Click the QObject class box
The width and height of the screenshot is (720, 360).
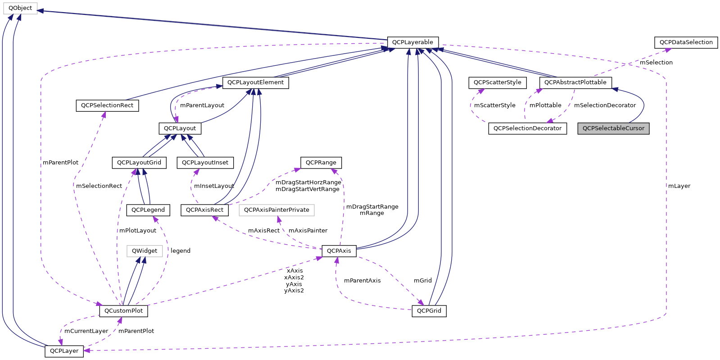pyautogui.click(x=20, y=8)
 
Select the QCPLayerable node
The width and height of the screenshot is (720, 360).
pyautogui.click(x=412, y=42)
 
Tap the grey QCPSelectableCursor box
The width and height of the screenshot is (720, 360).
pyautogui.click(x=613, y=128)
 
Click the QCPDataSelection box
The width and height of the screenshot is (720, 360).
pyautogui.click(x=686, y=42)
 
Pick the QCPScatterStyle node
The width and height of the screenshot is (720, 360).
pyautogui.click(x=497, y=82)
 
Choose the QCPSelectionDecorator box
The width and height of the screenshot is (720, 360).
pyautogui.click(x=527, y=128)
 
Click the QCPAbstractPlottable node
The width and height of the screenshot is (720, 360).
pyautogui.click(x=575, y=82)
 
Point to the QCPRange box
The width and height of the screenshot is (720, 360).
pyautogui.click(x=321, y=163)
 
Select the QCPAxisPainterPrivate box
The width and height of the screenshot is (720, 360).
pyautogui.click(x=276, y=210)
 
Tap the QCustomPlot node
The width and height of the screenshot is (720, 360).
pyautogui.click(x=123, y=311)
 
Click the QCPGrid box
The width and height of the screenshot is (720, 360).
pyautogui.click(x=429, y=311)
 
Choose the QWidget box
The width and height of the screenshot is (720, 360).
pyautogui.click(x=145, y=251)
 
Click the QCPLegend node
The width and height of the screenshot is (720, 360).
pyautogui.click(x=148, y=210)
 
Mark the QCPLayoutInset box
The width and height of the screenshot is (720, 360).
pyautogui.click(x=205, y=163)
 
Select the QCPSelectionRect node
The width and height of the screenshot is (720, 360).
pyautogui.click(x=107, y=105)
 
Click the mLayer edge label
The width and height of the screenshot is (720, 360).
pyautogui.click(x=679, y=186)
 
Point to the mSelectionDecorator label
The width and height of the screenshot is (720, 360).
pyautogui.click(x=605, y=105)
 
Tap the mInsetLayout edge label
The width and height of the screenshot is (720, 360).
pyautogui.click(x=214, y=186)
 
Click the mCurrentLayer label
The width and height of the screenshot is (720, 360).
pyautogui.click(x=86, y=331)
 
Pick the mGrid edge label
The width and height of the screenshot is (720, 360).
pyautogui.click(x=422, y=281)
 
